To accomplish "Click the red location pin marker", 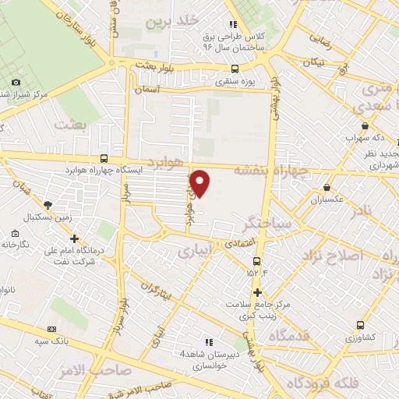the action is [x=201, y=182].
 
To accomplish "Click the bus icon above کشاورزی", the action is [x=360, y=325].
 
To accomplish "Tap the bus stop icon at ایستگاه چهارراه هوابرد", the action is [x=104, y=158].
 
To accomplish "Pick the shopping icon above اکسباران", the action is [x=326, y=188].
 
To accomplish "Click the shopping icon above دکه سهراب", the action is [x=365, y=125].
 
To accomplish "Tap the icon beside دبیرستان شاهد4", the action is [x=207, y=341].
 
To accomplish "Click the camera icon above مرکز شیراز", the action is [x=16, y=83].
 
